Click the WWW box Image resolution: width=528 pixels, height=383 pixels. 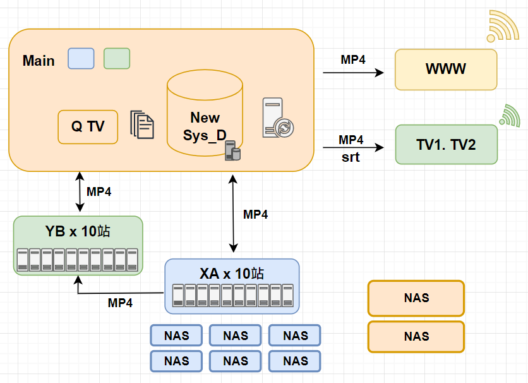tap(446, 70)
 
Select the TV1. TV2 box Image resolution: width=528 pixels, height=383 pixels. tap(446, 145)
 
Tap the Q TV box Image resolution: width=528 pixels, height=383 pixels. tap(88, 126)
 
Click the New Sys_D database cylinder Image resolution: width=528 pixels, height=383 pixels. tap(205, 114)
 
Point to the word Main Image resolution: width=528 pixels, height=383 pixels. tap(39, 61)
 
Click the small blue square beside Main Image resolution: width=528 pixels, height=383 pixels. tap(81, 58)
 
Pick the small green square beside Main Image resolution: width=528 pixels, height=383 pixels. tap(117, 58)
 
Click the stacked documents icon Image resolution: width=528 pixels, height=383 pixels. tap(142, 125)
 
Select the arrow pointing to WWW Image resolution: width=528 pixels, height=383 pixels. tap(354, 73)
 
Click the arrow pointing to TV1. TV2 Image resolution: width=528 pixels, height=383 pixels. tap(354, 148)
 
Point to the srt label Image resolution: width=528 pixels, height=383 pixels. tap(351, 157)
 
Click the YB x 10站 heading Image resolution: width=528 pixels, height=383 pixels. tap(78, 231)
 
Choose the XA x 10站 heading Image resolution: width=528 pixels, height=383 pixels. tap(232, 274)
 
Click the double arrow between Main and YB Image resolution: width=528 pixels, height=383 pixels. tap(79, 192)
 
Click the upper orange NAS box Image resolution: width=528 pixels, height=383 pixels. tap(416, 298)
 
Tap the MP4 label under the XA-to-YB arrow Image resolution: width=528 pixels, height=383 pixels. tap(120, 303)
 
